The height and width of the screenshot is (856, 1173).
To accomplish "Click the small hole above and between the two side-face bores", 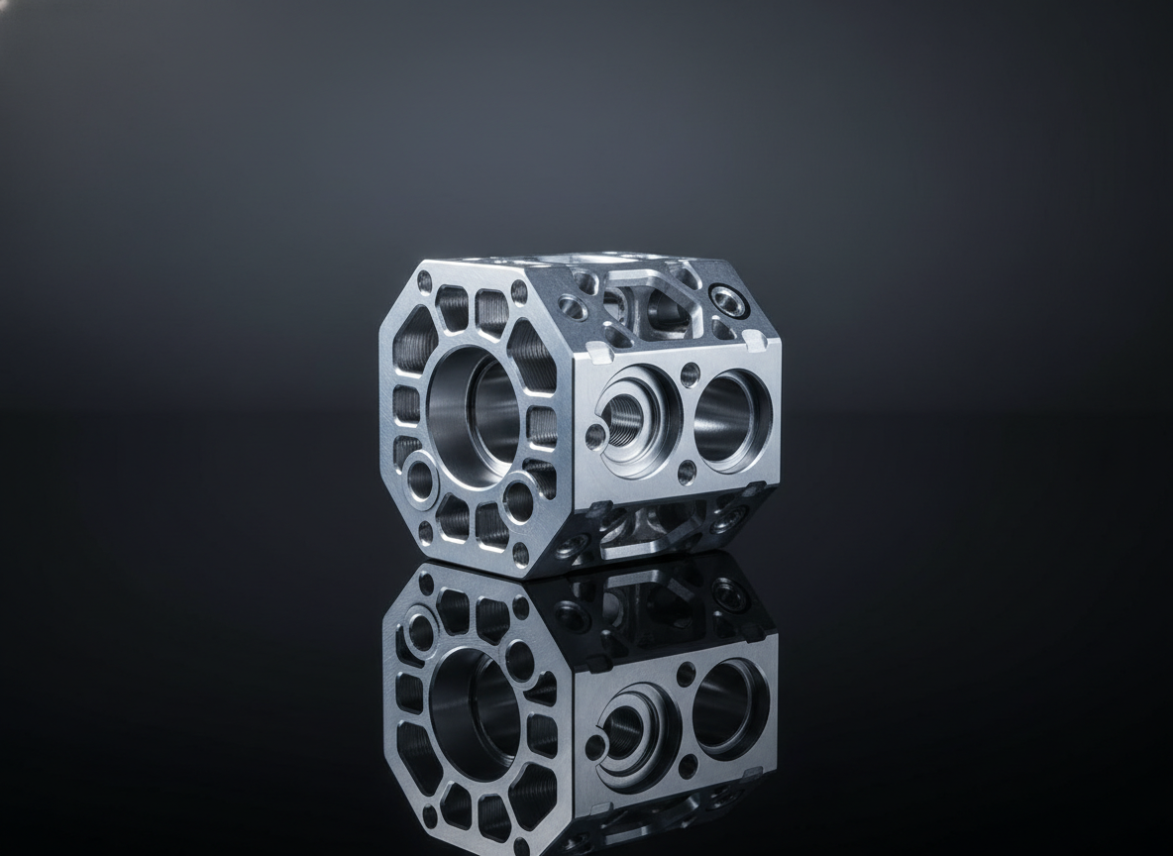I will [691, 374].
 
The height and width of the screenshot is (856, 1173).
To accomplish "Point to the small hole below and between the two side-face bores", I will [685, 478].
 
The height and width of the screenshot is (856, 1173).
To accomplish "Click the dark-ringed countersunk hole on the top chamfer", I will [728, 296].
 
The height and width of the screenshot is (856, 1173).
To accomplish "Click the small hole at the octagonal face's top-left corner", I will [425, 282].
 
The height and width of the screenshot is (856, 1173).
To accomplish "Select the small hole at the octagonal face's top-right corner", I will [519, 290].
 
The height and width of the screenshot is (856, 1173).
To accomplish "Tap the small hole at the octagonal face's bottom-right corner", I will [520, 549].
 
